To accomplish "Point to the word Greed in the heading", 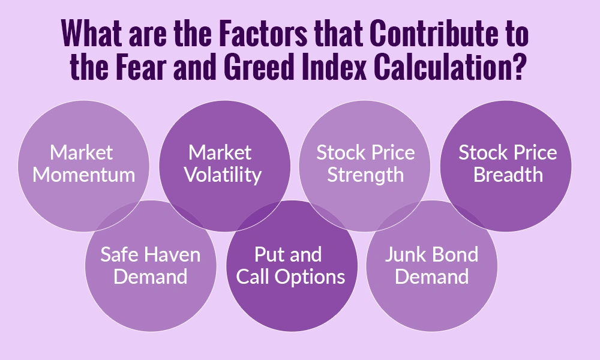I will [264, 69].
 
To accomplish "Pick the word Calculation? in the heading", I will [458, 69].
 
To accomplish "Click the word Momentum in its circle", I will [84, 175].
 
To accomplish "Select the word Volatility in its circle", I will [223, 175].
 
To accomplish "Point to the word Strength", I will [365, 175].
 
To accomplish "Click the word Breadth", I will [508, 175].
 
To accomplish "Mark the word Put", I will [268, 254].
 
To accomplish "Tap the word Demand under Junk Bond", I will [431, 277].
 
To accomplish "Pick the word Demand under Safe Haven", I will [150, 277].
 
